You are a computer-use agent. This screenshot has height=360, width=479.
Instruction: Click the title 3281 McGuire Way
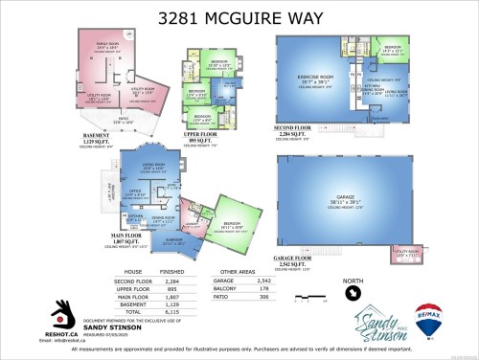pyautogui.click(x=239, y=16)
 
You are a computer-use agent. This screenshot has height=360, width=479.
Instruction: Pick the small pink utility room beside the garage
pyautogui.click(x=406, y=255)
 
